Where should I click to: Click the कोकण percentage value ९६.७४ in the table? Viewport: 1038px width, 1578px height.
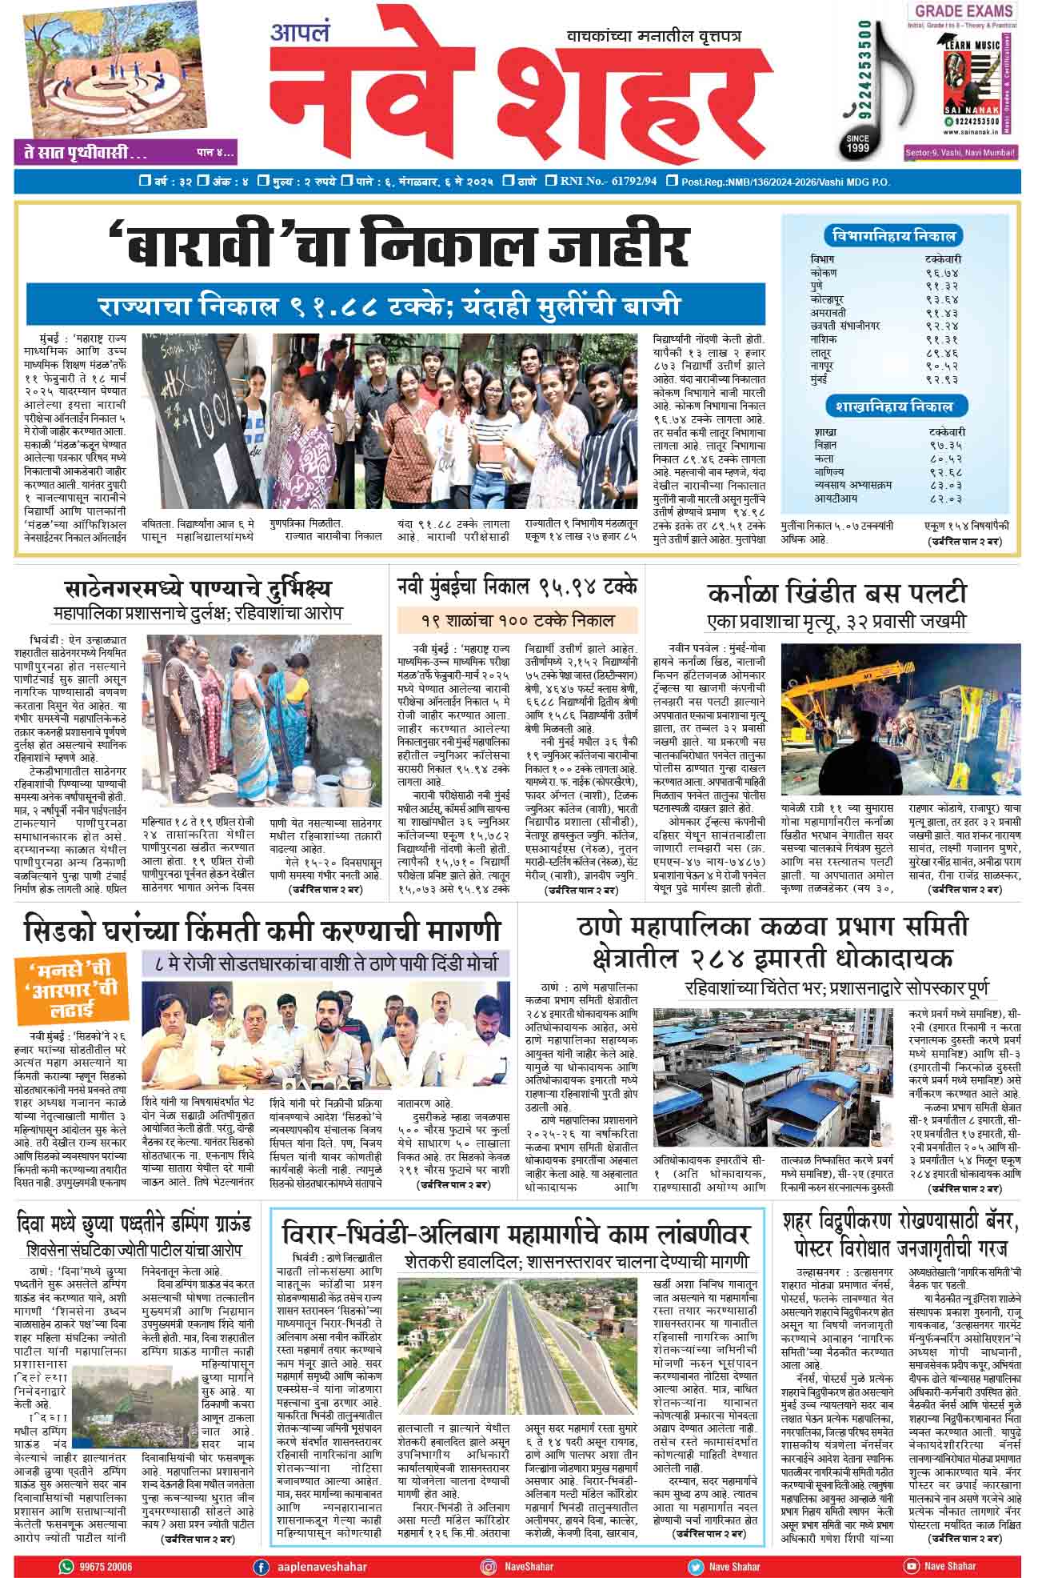pyautogui.click(x=941, y=273)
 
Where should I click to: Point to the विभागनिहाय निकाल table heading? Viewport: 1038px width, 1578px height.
pyautogui.click(x=892, y=237)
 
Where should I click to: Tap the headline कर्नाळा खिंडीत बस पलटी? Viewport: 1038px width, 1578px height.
pyautogui.click(x=836, y=594)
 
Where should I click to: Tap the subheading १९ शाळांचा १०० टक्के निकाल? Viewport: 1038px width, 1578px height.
pyautogui.click(x=517, y=620)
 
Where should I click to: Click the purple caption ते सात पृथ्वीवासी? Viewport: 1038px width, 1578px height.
pyautogui.click(x=80, y=152)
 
